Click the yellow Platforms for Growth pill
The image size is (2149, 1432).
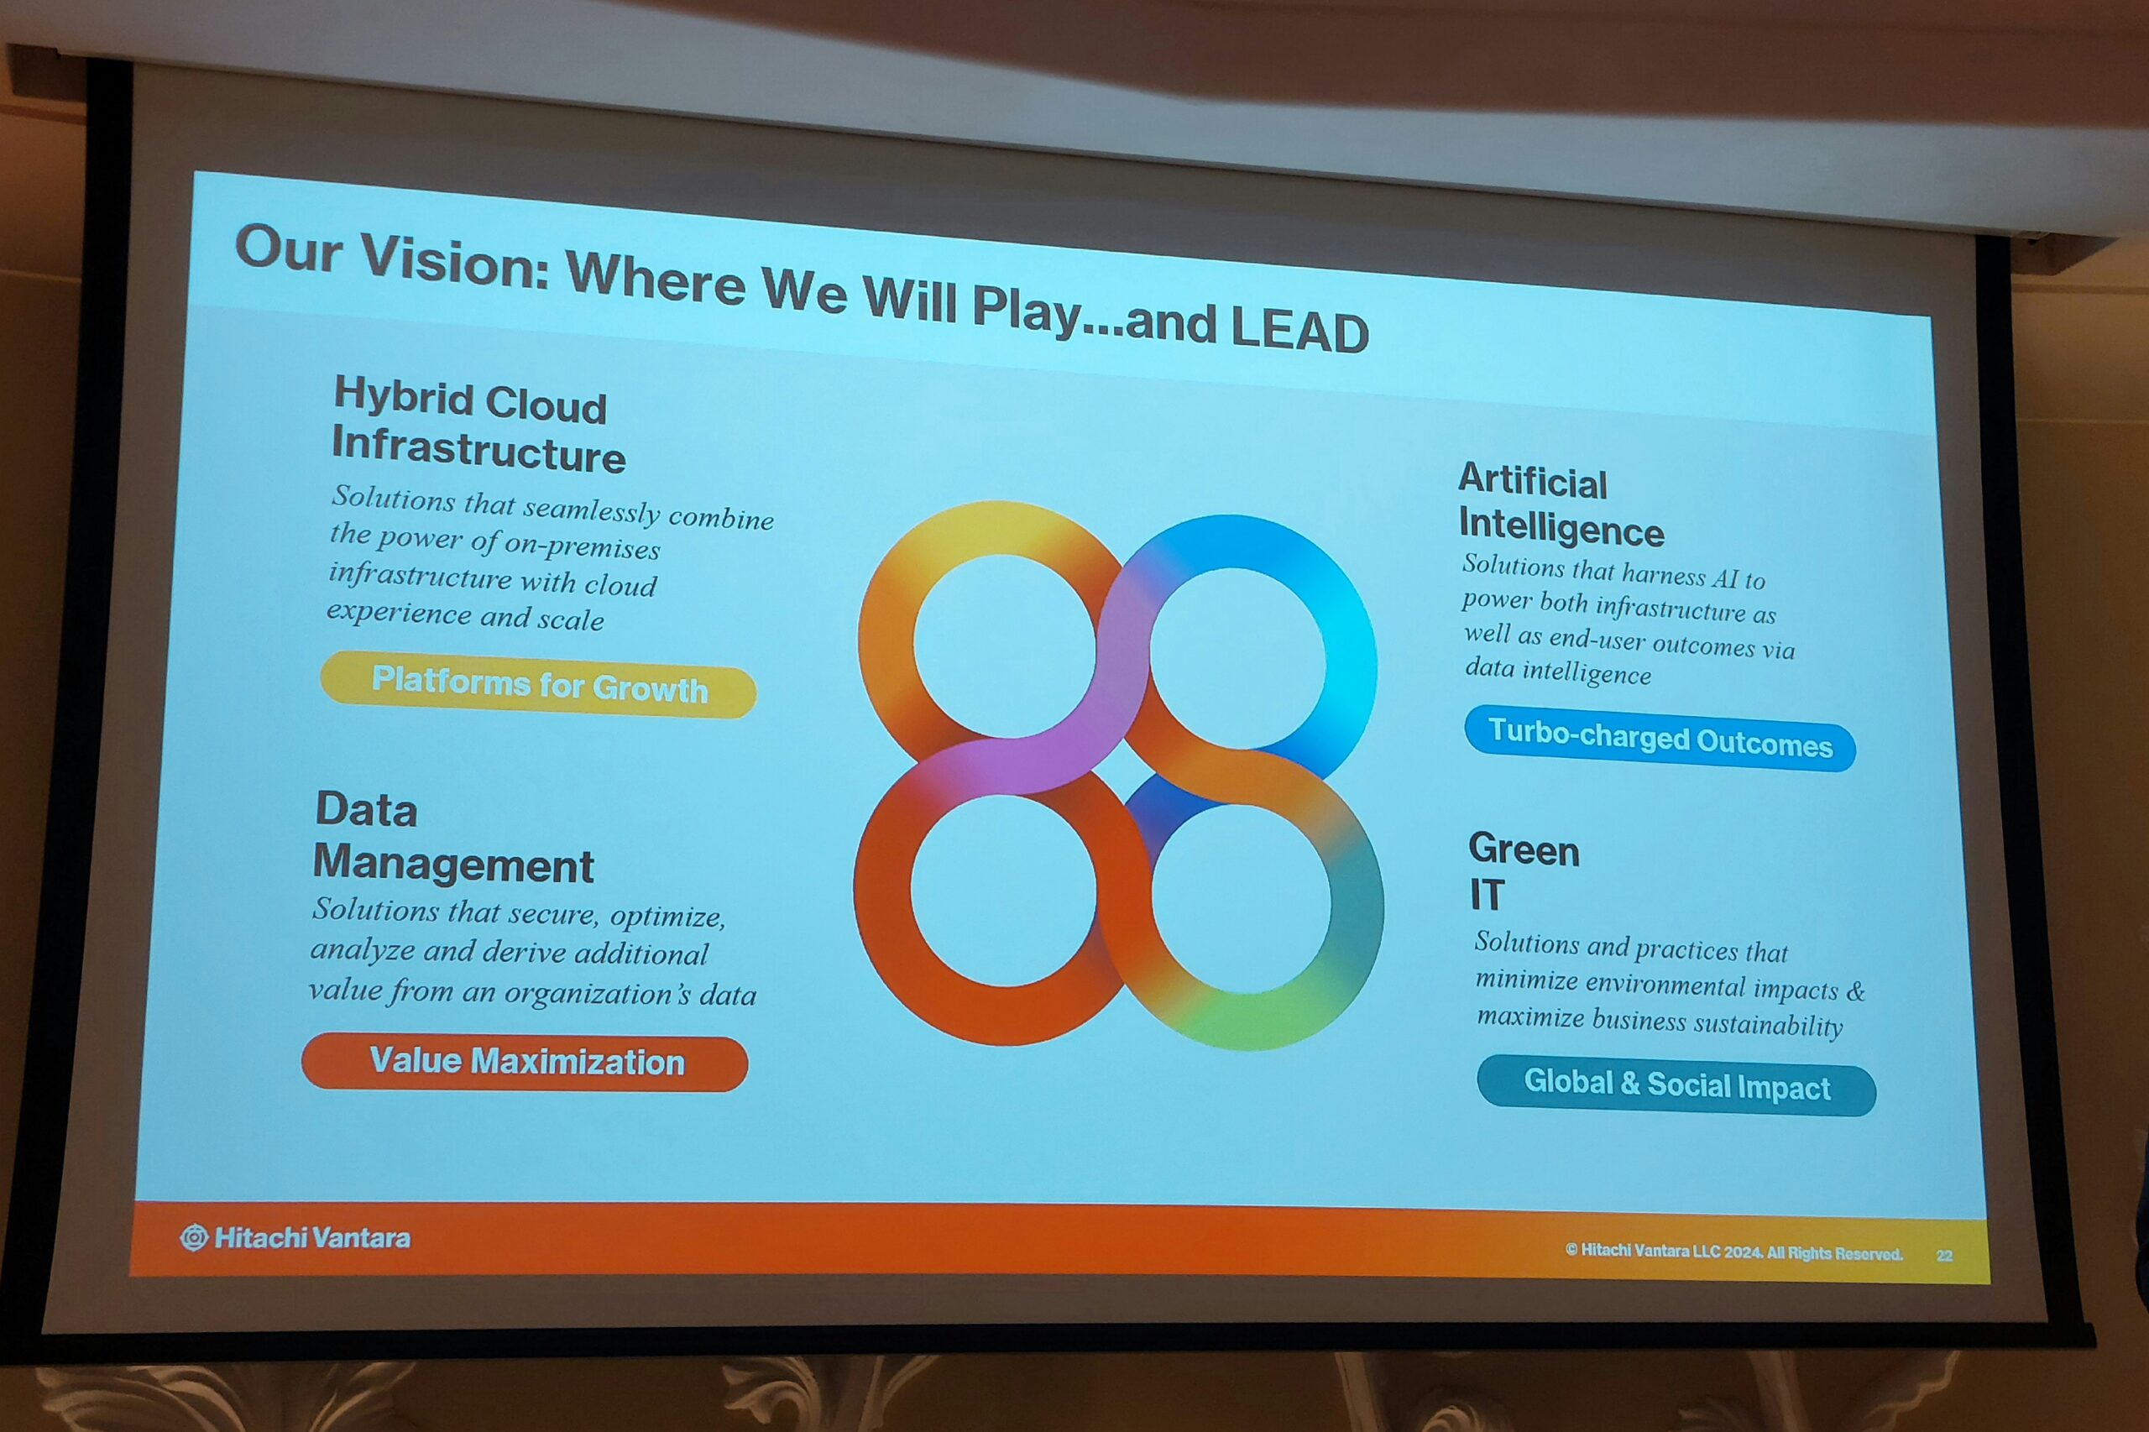(538, 684)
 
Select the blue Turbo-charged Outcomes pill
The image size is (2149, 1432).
(1660, 738)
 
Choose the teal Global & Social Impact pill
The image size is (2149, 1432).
(1676, 1085)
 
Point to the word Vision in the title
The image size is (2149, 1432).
(454, 262)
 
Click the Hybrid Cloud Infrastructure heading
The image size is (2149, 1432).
(478, 425)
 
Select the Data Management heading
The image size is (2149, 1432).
(454, 838)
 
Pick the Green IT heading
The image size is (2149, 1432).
(1524, 871)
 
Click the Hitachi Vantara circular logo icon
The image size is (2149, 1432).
(194, 1237)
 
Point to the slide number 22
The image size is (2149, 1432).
(1944, 1256)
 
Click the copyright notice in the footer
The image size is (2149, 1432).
(1733, 1252)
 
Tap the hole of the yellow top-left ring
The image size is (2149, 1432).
(1005, 645)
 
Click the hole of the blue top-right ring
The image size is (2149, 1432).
(1237, 657)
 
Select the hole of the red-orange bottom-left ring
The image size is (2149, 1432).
(1003, 891)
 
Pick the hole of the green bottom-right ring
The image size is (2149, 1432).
(1242, 899)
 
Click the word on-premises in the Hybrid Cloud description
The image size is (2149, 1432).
(582, 546)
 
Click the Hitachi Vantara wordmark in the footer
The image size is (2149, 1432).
(312, 1238)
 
